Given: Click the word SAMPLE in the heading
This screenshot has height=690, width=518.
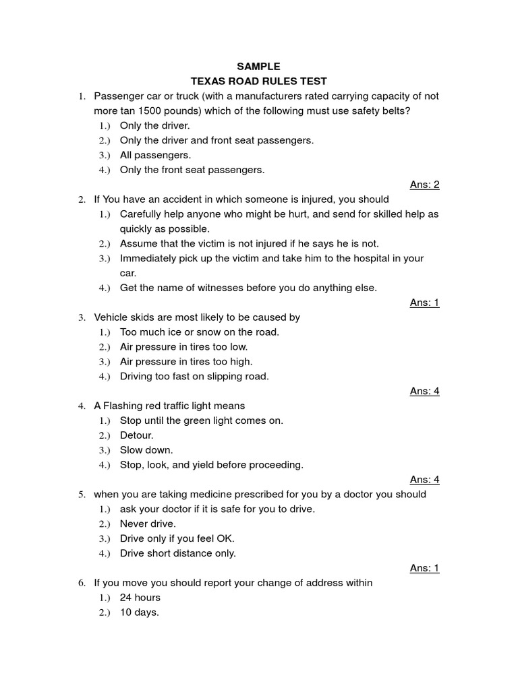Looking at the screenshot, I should click(258, 67).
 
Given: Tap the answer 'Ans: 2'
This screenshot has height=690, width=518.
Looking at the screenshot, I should click(424, 185).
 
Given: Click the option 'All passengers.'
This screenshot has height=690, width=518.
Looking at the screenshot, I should click(155, 155).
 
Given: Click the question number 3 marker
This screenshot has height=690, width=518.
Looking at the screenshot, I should click(81, 317).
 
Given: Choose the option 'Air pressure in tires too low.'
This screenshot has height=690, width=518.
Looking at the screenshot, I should click(183, 346).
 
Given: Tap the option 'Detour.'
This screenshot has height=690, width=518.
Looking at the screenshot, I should click(136, 435).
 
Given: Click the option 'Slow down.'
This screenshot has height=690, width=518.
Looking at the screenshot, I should click(146, 450).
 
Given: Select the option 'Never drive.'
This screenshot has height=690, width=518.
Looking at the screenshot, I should click(148, 524).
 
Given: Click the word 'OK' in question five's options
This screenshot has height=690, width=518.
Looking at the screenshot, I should click(225, 538).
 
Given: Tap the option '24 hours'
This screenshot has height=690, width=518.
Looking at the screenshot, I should click(140, 598).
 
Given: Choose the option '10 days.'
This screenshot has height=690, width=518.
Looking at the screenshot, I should click(139, 613).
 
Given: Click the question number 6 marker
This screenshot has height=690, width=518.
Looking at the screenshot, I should click(81, 583).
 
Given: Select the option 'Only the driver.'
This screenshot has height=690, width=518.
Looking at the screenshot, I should click(155, 125).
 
